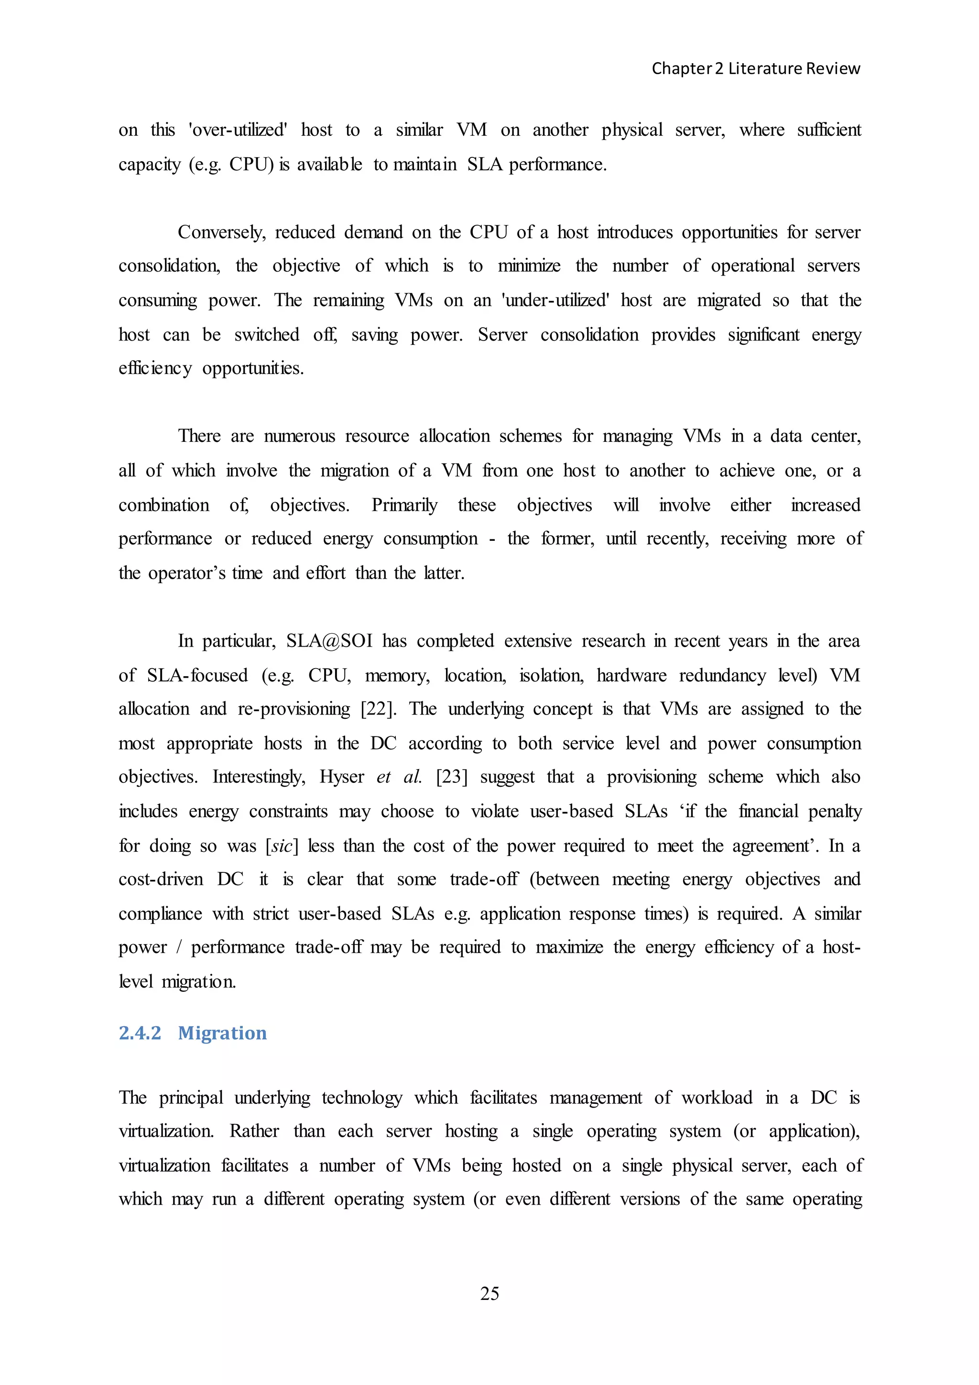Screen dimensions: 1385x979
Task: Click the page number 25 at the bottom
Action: (489, 1293)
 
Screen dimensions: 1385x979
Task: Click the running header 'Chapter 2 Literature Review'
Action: (755, 69)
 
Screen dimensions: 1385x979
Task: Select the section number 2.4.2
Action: (140, 1033)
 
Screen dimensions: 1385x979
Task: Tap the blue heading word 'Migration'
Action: (222, 1033)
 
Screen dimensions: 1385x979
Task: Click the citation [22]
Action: (379, 709)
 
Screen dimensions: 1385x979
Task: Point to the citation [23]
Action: (452, 777)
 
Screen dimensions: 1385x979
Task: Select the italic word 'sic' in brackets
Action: (282, 846)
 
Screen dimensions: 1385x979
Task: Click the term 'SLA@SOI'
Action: (329, 641)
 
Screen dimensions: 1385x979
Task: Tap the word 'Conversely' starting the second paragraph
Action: (221, 232)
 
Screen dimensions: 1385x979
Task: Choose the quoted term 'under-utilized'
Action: (555, 300)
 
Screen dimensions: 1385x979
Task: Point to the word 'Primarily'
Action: (404, 505)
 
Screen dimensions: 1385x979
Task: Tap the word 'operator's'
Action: (187, 573)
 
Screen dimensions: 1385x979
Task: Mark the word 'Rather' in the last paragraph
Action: (254, 1131)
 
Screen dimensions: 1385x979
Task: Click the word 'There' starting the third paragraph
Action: (199, 436)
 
